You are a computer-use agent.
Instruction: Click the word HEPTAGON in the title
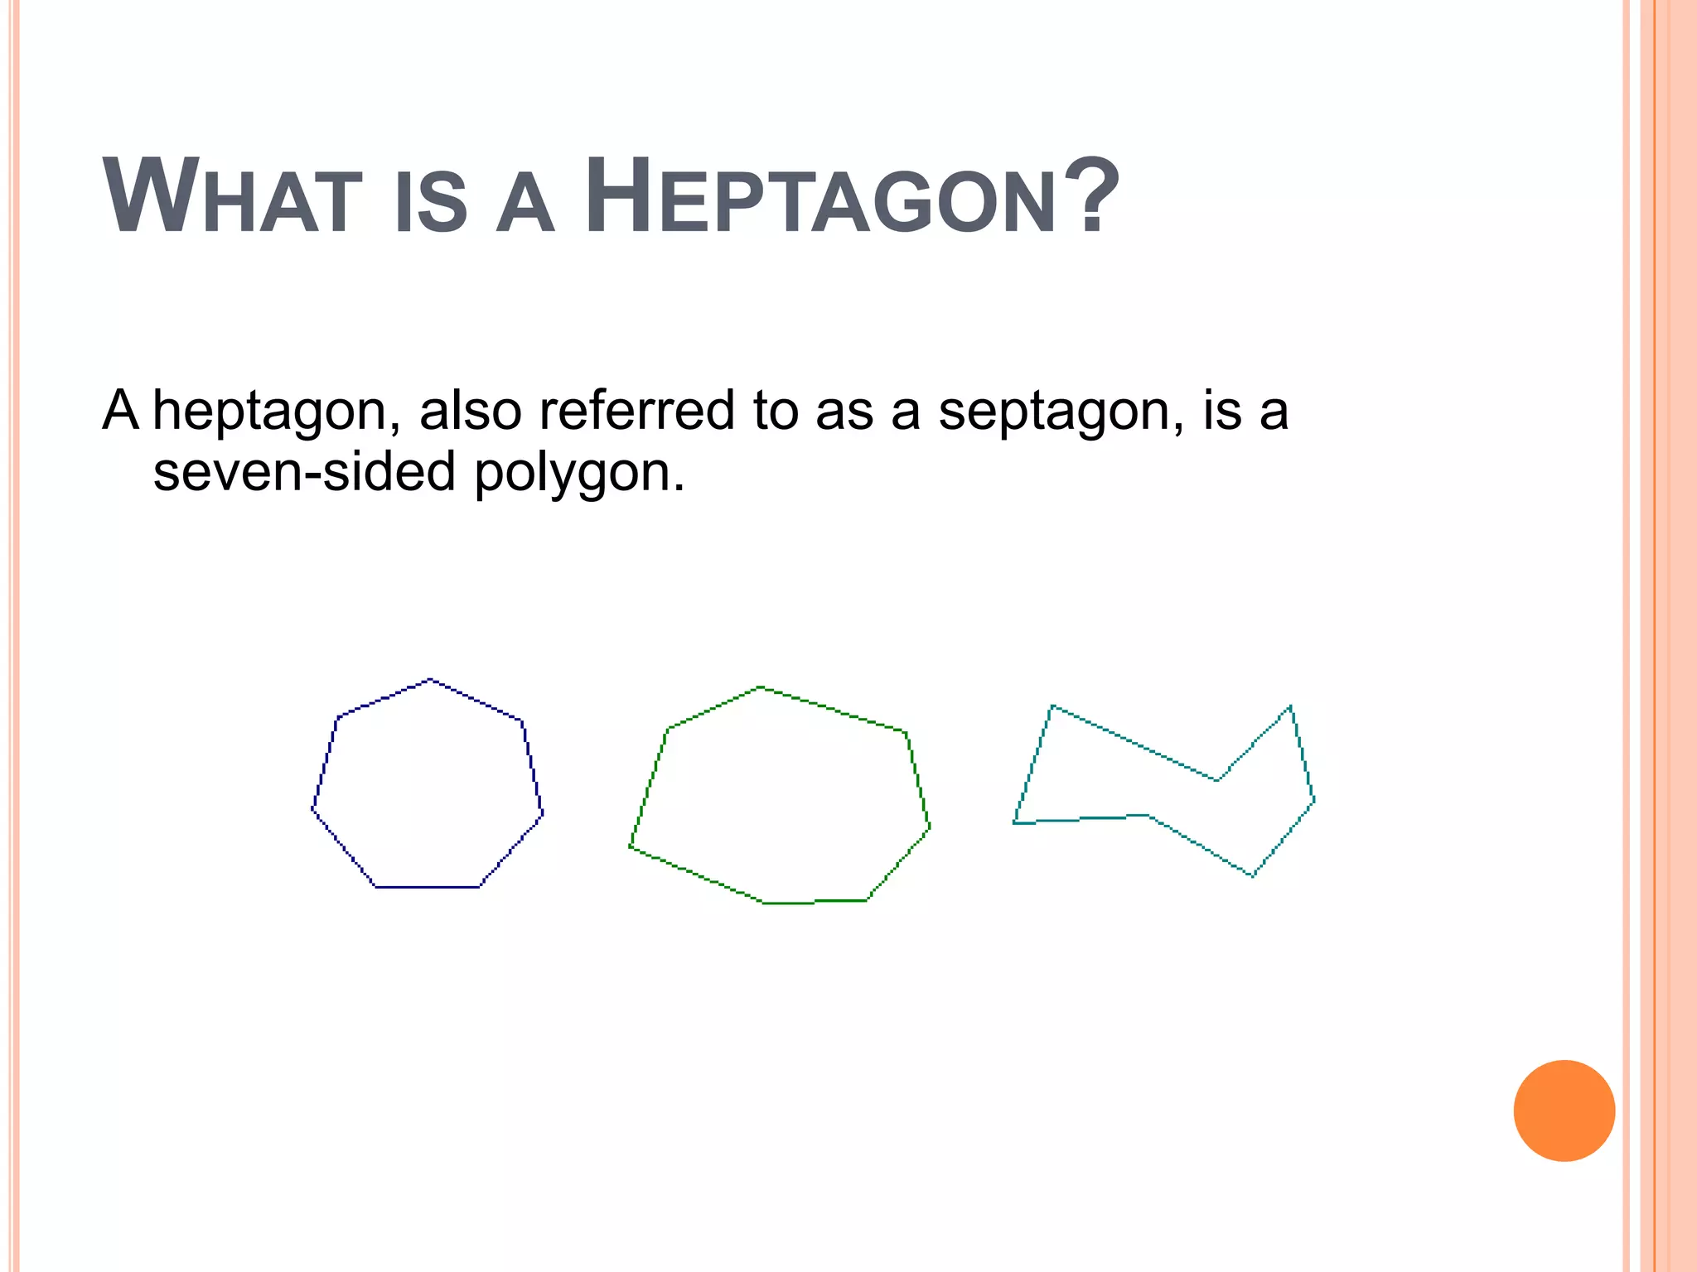click(820, 199)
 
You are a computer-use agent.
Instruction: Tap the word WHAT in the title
click(233, 199)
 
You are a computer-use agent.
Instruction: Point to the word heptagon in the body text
click(270, 412)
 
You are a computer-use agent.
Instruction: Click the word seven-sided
click(304, 472)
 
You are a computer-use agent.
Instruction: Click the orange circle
click(1564, 1111)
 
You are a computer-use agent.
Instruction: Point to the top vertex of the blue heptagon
click(430, 680)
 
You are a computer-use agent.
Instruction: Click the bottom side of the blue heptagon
click(428, 887)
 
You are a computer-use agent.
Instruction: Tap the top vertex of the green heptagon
click(761, 687)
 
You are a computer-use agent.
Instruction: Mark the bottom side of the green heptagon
click(815, 902)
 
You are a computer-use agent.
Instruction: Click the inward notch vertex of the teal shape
click(1217, 780)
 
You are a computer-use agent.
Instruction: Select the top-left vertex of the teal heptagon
click(1052, 706)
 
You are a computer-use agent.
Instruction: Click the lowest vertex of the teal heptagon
click(1252, 875)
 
